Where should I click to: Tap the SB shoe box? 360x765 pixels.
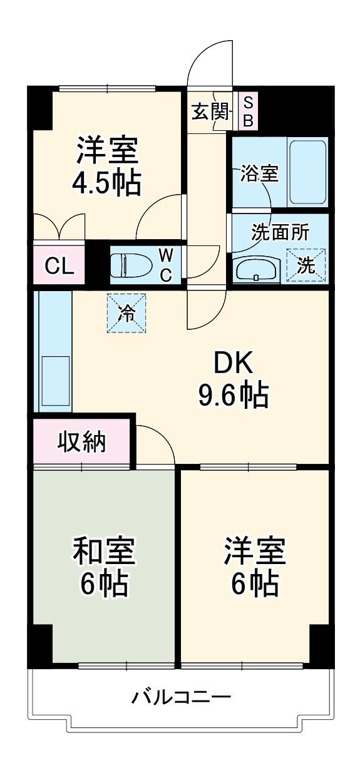click(x=247, y=111)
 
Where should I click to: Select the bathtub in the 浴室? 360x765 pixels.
click(x=307, y=172)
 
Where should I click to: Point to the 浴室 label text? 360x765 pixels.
click(x=259, y=173)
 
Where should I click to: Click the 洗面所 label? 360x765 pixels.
click(x=280, y=233)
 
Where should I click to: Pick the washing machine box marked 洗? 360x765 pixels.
click(x=306, y=265)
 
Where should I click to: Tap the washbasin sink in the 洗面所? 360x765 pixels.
click(x=256, y=269)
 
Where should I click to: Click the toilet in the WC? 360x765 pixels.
click(x=130, y=265)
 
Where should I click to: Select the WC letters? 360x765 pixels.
click(x=166, y=265)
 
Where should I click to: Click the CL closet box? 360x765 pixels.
click(x=59, y=267)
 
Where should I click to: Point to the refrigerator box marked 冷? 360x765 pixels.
click(x=127, y=313)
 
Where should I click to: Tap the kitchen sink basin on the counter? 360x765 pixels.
click(x=55, y=381)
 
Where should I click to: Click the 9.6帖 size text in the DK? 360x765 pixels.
click(x=234, y=394)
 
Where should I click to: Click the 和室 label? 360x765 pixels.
click(x=103, y=552)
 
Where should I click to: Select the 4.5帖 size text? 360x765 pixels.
click(x=107, y=183)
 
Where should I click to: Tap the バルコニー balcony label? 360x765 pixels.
click(x=181, y=696)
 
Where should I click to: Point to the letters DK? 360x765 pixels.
click(x=233, y=362)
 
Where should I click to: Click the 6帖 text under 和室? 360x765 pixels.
click(x=103, y=585)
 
